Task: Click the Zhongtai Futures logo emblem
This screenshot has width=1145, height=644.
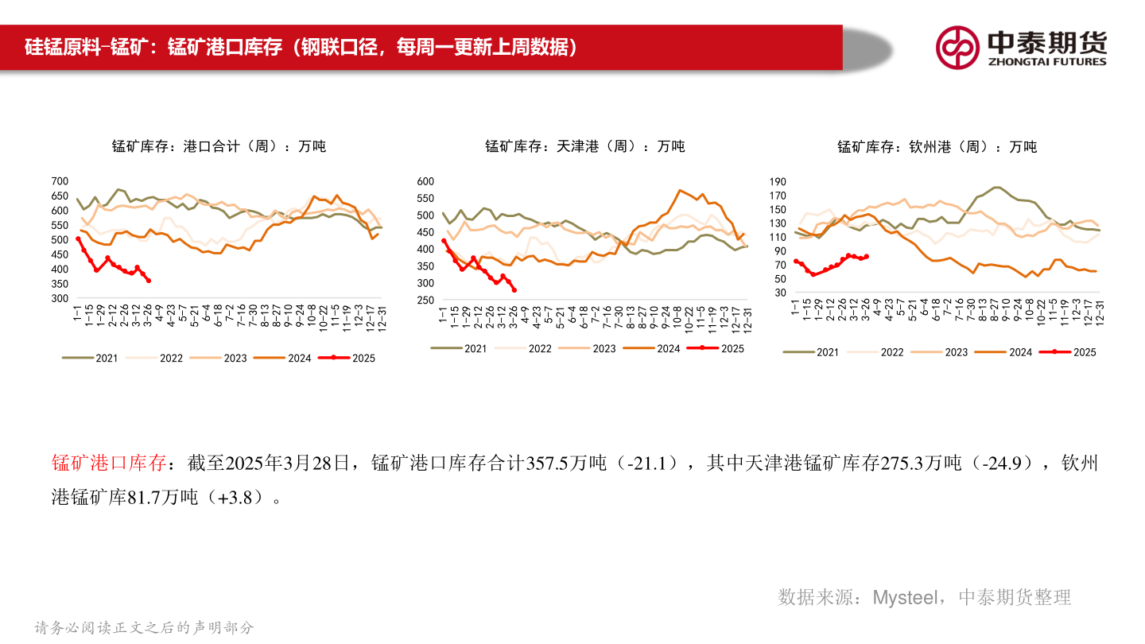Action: tap(957, 47)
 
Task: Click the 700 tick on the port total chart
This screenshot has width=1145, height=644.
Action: tap(60, 181)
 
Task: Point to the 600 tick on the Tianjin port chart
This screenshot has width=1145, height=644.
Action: tap(425, 181)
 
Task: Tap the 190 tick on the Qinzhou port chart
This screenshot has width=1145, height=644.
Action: tap(778, 181)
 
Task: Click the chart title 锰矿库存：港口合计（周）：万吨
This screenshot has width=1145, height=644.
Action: tap(219, 146)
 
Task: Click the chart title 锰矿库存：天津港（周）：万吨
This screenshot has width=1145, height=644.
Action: tap(584, 146)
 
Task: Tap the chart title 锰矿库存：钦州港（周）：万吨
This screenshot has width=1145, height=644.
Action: tap(937, 146)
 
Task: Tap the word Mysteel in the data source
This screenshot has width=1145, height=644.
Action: tap(906, 597)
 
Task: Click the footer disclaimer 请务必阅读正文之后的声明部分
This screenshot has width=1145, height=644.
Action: tap(144, 627)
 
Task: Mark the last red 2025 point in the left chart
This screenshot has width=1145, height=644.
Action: tap(149, 280)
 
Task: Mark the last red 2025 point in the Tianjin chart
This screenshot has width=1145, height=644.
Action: tap(514, 289)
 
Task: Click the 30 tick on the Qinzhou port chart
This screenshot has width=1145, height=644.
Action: tap(780, 293)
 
